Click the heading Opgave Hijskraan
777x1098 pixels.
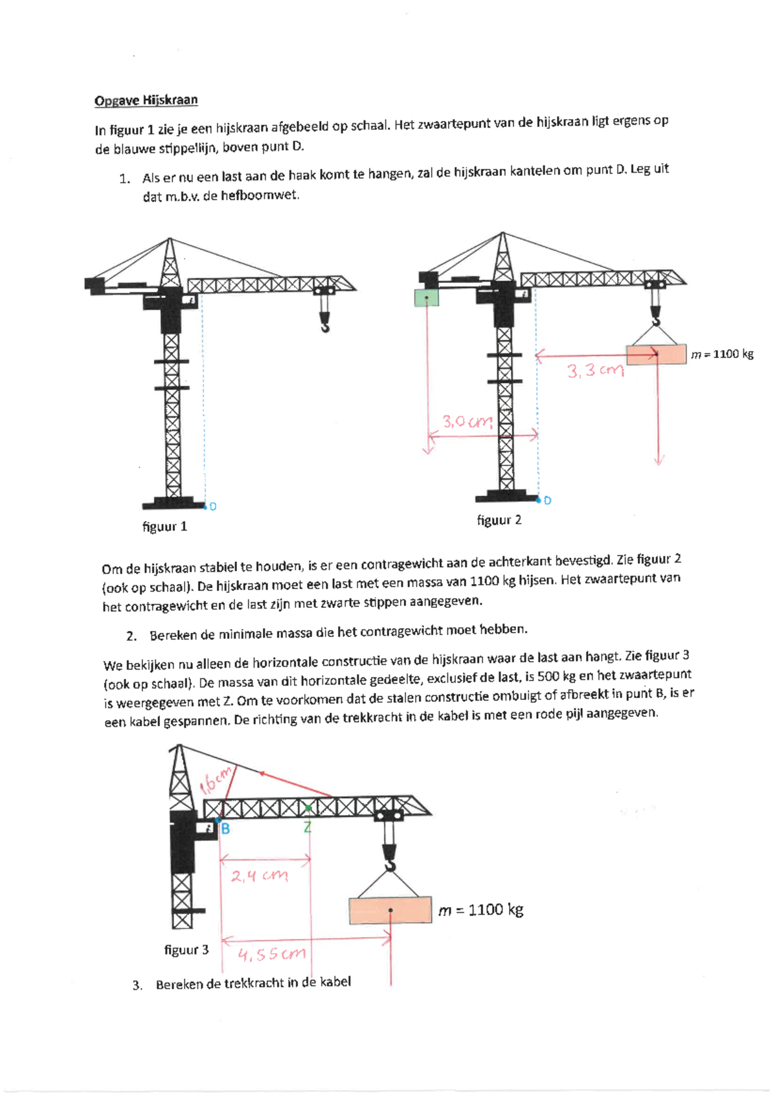click(146, 100)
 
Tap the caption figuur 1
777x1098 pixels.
click(164, 527)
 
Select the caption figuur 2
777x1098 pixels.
click(499, 520)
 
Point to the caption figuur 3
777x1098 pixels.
click(186, 950)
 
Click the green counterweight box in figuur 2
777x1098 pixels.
click(427, 298)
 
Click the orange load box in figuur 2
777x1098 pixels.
click(656, 354)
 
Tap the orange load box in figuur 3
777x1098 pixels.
click(390, 911)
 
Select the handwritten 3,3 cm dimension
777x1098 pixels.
click(596, 370)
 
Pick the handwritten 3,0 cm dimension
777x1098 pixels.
click(467, 421)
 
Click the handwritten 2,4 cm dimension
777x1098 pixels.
click(260, 875)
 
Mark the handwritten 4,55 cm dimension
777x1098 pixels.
click(271, 954)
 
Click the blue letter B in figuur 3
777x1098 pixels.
click(225, 829)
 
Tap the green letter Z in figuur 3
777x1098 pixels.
click(308, 827)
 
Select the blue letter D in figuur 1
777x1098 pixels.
click(213, 507)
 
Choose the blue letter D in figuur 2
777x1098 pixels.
click(548, 500)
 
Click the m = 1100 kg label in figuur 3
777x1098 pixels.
click(481, 910)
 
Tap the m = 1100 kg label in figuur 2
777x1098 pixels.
click(722, 354)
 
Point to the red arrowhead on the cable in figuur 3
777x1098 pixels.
click(262, 774)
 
